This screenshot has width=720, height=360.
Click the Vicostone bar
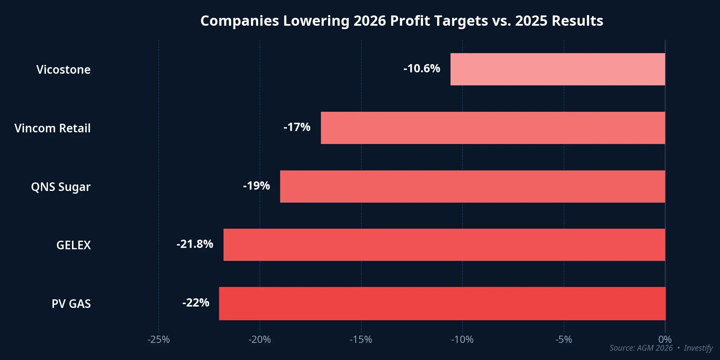click(557, 69)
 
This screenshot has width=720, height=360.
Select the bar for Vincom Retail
click(493, 128)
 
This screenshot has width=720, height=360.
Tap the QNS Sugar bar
click(472, 187)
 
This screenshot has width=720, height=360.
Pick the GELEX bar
click(444, 245)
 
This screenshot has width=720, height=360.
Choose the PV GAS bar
click(442, 303)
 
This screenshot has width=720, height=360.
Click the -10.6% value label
click(422, 69)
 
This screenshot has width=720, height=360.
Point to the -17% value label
click(297, 127)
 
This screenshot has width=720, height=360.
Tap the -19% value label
click(256, 186)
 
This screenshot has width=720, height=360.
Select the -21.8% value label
click(195, 244)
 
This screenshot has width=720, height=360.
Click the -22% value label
click(196, 303)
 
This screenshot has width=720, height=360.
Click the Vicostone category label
click(63, 70)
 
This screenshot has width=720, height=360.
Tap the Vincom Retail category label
click(52, 128)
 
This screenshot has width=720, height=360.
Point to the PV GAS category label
click(71, 304)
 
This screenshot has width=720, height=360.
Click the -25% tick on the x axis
click(158, 339)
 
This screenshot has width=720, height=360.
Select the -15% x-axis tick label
click(361, 339)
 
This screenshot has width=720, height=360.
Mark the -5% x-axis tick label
click(564, 339)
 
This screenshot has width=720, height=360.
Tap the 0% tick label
click(665, 339)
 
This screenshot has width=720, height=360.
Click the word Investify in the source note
click(698, 348)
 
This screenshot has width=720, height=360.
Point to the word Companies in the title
click(240, 21)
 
